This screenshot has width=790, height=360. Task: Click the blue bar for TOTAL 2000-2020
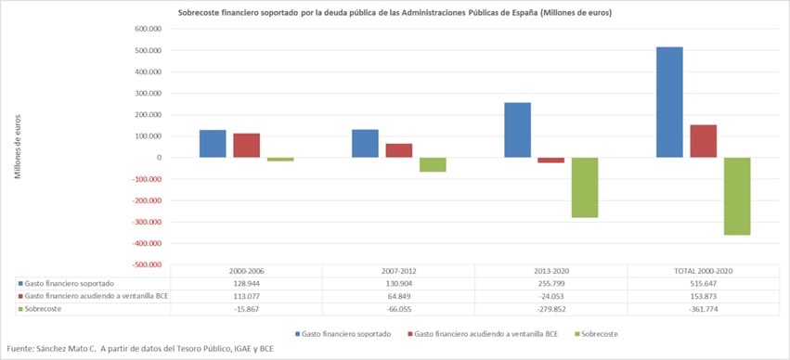669,102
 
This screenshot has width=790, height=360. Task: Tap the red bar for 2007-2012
399,150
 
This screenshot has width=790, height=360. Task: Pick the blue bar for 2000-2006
213,143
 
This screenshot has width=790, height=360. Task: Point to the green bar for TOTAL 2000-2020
737,196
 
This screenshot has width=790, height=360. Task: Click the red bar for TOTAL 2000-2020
703,141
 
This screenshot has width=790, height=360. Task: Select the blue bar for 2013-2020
517,130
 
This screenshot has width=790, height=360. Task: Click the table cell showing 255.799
550,282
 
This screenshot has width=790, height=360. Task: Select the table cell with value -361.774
703,307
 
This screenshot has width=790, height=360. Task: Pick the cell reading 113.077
245,295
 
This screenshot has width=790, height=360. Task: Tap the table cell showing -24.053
550,295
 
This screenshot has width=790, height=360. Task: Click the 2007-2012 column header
398,270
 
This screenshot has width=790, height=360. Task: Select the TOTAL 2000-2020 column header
703,270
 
